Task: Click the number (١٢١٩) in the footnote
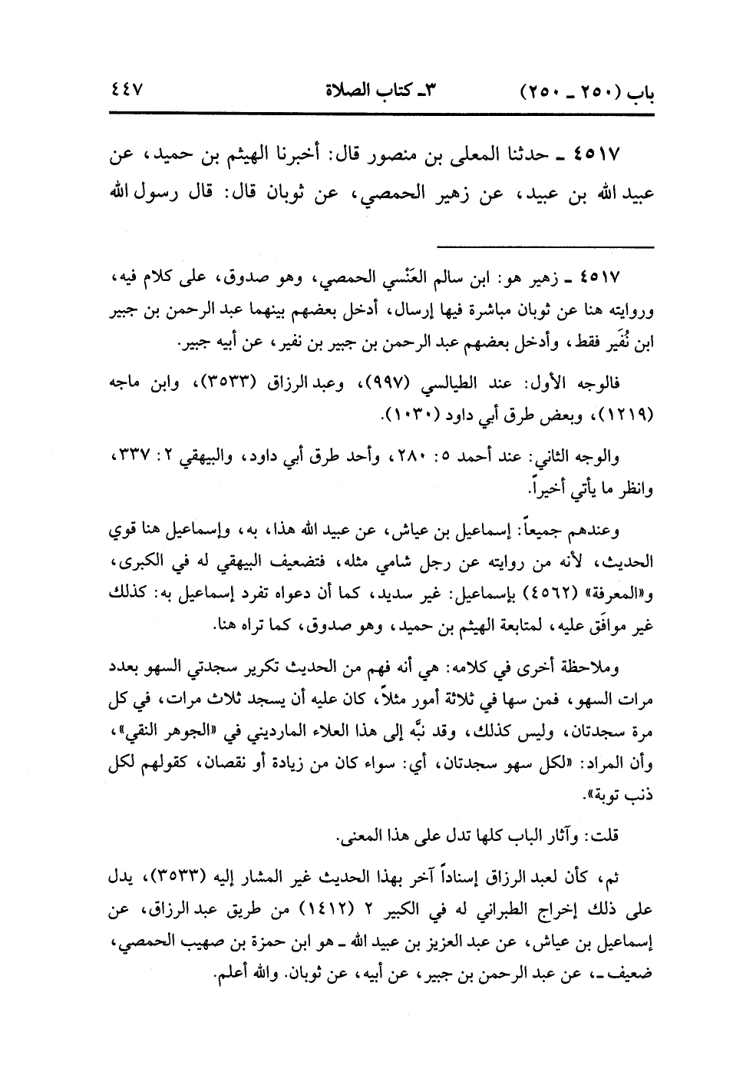point(626,416)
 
